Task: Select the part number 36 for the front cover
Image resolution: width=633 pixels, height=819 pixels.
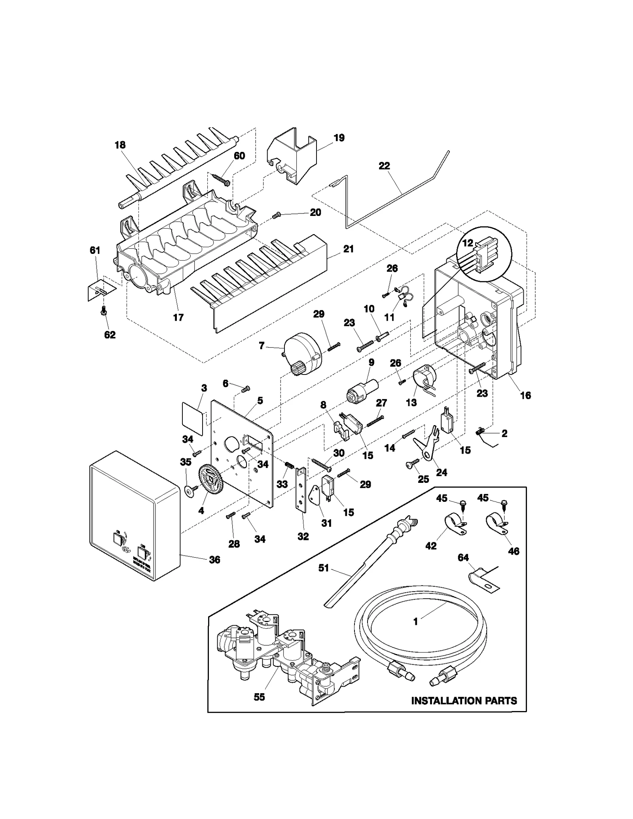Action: [214, 560]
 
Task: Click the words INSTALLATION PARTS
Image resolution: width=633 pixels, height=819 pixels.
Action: [464, 701]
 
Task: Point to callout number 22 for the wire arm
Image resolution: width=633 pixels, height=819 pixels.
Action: [384, 166]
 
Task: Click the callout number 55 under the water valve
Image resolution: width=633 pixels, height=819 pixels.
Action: [259, 697]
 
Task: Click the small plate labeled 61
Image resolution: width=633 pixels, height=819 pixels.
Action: [101, 291]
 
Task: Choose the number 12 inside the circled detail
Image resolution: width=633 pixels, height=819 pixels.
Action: [468, 243]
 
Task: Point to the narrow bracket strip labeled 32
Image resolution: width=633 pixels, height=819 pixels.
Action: [301, 496]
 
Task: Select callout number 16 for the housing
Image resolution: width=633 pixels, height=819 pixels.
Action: [525, 395]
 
